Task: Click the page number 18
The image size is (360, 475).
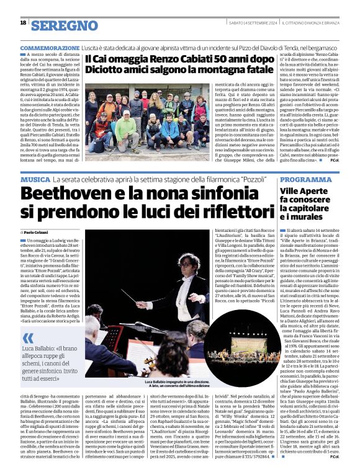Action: [x=23, y=22]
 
